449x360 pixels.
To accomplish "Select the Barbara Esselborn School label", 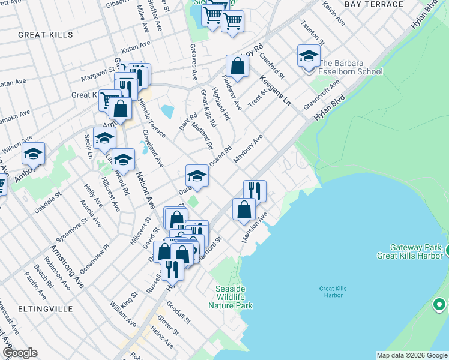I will click(x=350, y=67).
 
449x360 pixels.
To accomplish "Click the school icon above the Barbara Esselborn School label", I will click(x=309, y=56).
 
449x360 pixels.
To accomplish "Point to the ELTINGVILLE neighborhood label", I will click(x=46, y=309).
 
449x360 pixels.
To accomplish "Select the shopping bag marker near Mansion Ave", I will click(x=244, y=209).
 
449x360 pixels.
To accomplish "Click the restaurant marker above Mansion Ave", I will click(x=255, y=191).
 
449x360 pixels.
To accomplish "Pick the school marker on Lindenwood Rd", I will click(x=123, y=160).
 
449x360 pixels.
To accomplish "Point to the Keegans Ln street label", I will click(x=275, y=89).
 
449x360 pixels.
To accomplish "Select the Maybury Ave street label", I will click(x=248, y=149).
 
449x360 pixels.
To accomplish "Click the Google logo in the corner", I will click(x=20, y=353).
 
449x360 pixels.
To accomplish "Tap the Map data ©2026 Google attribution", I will click(x=412, y=355).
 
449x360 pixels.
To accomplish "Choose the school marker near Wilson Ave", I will click(x=34, y=154).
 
